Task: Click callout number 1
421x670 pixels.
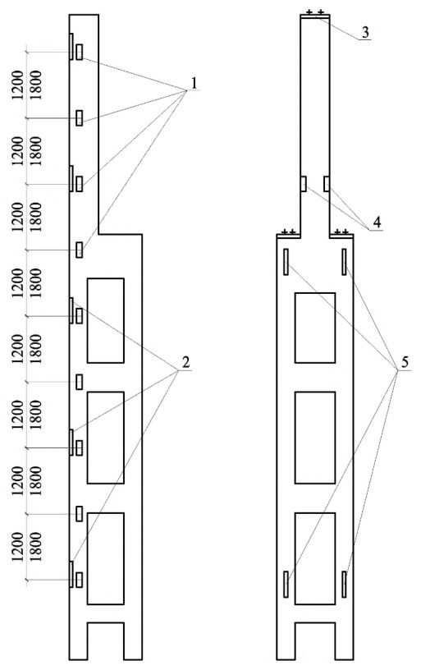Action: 194,83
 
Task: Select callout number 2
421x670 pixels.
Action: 185,362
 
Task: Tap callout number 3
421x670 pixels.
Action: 365,33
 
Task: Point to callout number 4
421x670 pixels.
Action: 377,223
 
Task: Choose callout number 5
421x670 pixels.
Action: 405,362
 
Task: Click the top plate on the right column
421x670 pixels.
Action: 314,16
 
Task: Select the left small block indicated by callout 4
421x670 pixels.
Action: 303,184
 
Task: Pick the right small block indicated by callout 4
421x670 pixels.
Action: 326,184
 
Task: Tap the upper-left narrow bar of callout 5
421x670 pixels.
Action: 286,261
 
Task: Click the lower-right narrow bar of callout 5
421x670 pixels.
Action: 344,584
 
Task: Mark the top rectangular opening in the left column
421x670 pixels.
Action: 106,320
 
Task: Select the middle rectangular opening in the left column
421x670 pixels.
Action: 106,438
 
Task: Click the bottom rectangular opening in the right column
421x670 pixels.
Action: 315,558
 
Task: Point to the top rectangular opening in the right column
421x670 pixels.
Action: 315,328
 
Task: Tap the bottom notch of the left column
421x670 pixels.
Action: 106,641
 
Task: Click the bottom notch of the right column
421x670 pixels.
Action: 315,641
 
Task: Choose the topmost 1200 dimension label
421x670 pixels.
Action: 17,85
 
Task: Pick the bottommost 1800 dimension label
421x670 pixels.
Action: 36,547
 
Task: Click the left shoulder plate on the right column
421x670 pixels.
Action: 289,236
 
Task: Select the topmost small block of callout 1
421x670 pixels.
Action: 79,52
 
